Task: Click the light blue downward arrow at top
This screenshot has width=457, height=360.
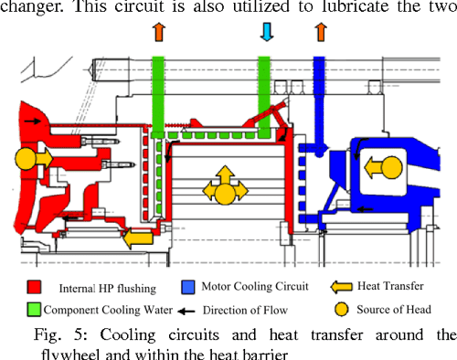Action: pyautogui.click(x=267, y=33)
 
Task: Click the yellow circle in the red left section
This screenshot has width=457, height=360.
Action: pyautogui.click(x=27, y=158)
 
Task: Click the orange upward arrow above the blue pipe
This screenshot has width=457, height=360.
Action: pyautogui.click(x=320, y=33)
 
